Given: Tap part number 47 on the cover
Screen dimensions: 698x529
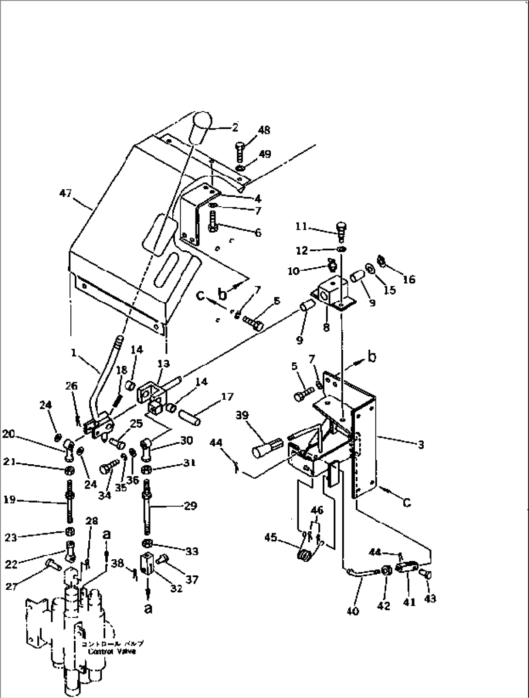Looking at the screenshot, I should pos(65,194).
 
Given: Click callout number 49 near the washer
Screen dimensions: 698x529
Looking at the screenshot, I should pos(264,154).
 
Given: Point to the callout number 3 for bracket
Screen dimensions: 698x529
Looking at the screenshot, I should pos(421,444).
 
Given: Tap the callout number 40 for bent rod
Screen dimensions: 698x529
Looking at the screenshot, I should pos(353,611).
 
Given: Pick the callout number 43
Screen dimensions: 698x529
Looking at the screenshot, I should pos(430,599).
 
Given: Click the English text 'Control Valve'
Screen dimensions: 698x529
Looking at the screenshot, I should pos(112,652).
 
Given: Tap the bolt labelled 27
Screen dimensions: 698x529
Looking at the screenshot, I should pos(51,564).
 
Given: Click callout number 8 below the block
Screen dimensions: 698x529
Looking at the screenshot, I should pos(326,327).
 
